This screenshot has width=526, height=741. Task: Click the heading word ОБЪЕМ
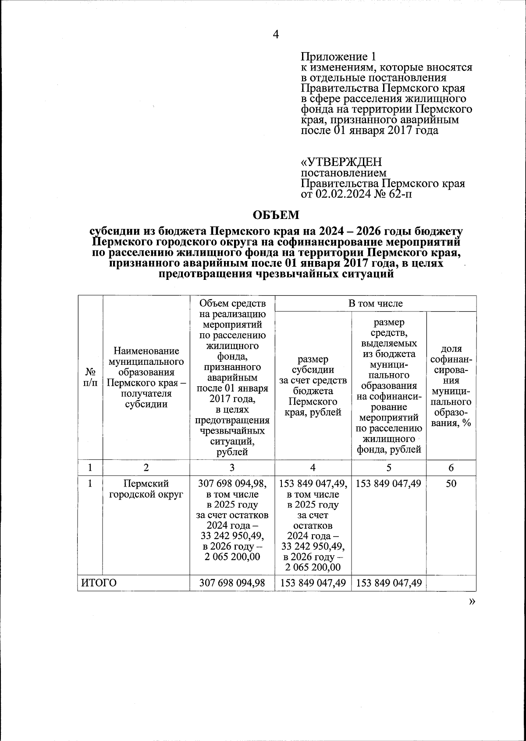pyautogui.click(x=276, y=215)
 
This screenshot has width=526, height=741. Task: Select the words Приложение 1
pyautogui.click(x=338, y=57)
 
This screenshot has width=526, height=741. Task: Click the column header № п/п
pyautogui.click(x=90, y=377)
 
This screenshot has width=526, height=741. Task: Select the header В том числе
pyautogui.click(x=375, y=303)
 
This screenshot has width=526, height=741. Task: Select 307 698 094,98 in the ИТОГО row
pyautogui.click(x=232, y=583)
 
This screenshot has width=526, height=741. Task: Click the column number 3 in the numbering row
pyautogui.click(x=232, y=468)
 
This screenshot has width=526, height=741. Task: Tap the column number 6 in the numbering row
pyautogui.click(x=451, y=468)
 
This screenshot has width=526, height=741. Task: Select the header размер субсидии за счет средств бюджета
pyautogui.click(x=313, y=386)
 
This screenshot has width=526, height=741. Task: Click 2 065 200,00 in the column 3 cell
pyautogui.click(x=232, y=557)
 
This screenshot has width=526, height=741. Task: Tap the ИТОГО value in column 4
pyautogui.click(x=313, y=583)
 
